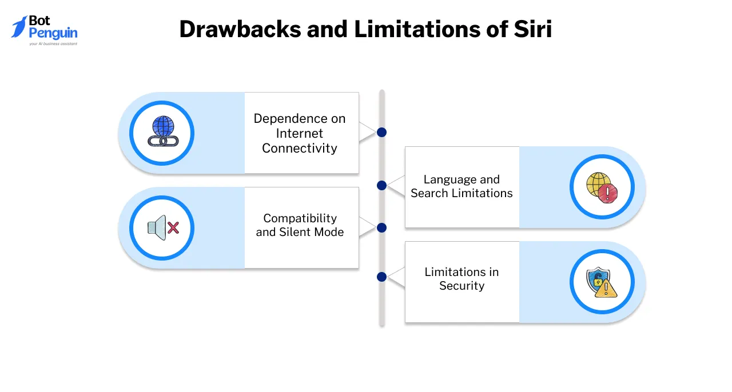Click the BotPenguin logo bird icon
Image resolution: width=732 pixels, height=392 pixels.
(19, 27)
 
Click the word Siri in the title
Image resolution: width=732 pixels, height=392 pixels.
(534, 30)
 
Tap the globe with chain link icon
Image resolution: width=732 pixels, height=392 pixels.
(162, 133)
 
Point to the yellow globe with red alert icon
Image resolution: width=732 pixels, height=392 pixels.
(602, 187)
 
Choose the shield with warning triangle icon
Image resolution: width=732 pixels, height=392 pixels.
(602, 282)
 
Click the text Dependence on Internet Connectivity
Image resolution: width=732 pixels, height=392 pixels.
(300, 133)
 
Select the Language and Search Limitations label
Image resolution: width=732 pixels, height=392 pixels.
(462, 186)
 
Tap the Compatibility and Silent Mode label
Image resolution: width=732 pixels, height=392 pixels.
(300, 225)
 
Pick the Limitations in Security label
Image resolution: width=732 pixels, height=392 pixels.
(462, 279)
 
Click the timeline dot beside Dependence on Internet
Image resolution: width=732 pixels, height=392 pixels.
(382, 132)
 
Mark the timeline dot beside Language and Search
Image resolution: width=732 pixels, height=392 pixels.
(382, 185)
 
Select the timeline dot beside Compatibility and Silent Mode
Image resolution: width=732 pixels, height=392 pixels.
(382, 227)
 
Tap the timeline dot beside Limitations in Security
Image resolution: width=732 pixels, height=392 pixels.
(382, 277)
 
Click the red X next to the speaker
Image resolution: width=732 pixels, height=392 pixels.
(173, 229)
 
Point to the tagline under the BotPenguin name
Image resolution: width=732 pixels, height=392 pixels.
(53, 43)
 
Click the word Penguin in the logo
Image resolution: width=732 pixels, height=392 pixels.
(53, 33)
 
